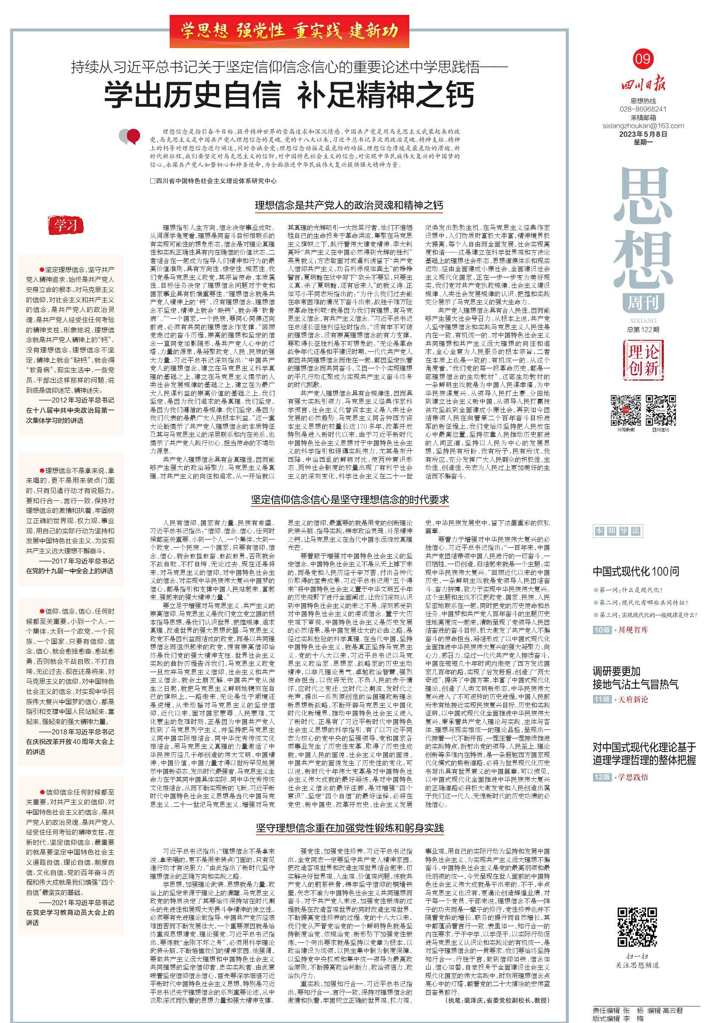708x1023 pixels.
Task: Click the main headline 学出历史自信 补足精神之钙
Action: point(289,94)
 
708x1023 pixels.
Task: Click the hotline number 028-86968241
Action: point(643,109)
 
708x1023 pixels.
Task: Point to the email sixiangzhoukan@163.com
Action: point(643,126)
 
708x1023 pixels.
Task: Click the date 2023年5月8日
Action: point(643,134)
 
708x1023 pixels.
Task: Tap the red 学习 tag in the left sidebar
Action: point(66,225)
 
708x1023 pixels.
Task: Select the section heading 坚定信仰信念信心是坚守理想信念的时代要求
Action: point(350,500)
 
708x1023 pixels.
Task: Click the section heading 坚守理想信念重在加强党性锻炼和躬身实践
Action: point(350,828)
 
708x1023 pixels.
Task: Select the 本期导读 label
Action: point(611,531)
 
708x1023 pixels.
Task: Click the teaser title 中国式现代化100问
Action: point(636,571)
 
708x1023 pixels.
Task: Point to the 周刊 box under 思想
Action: point(643,303)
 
